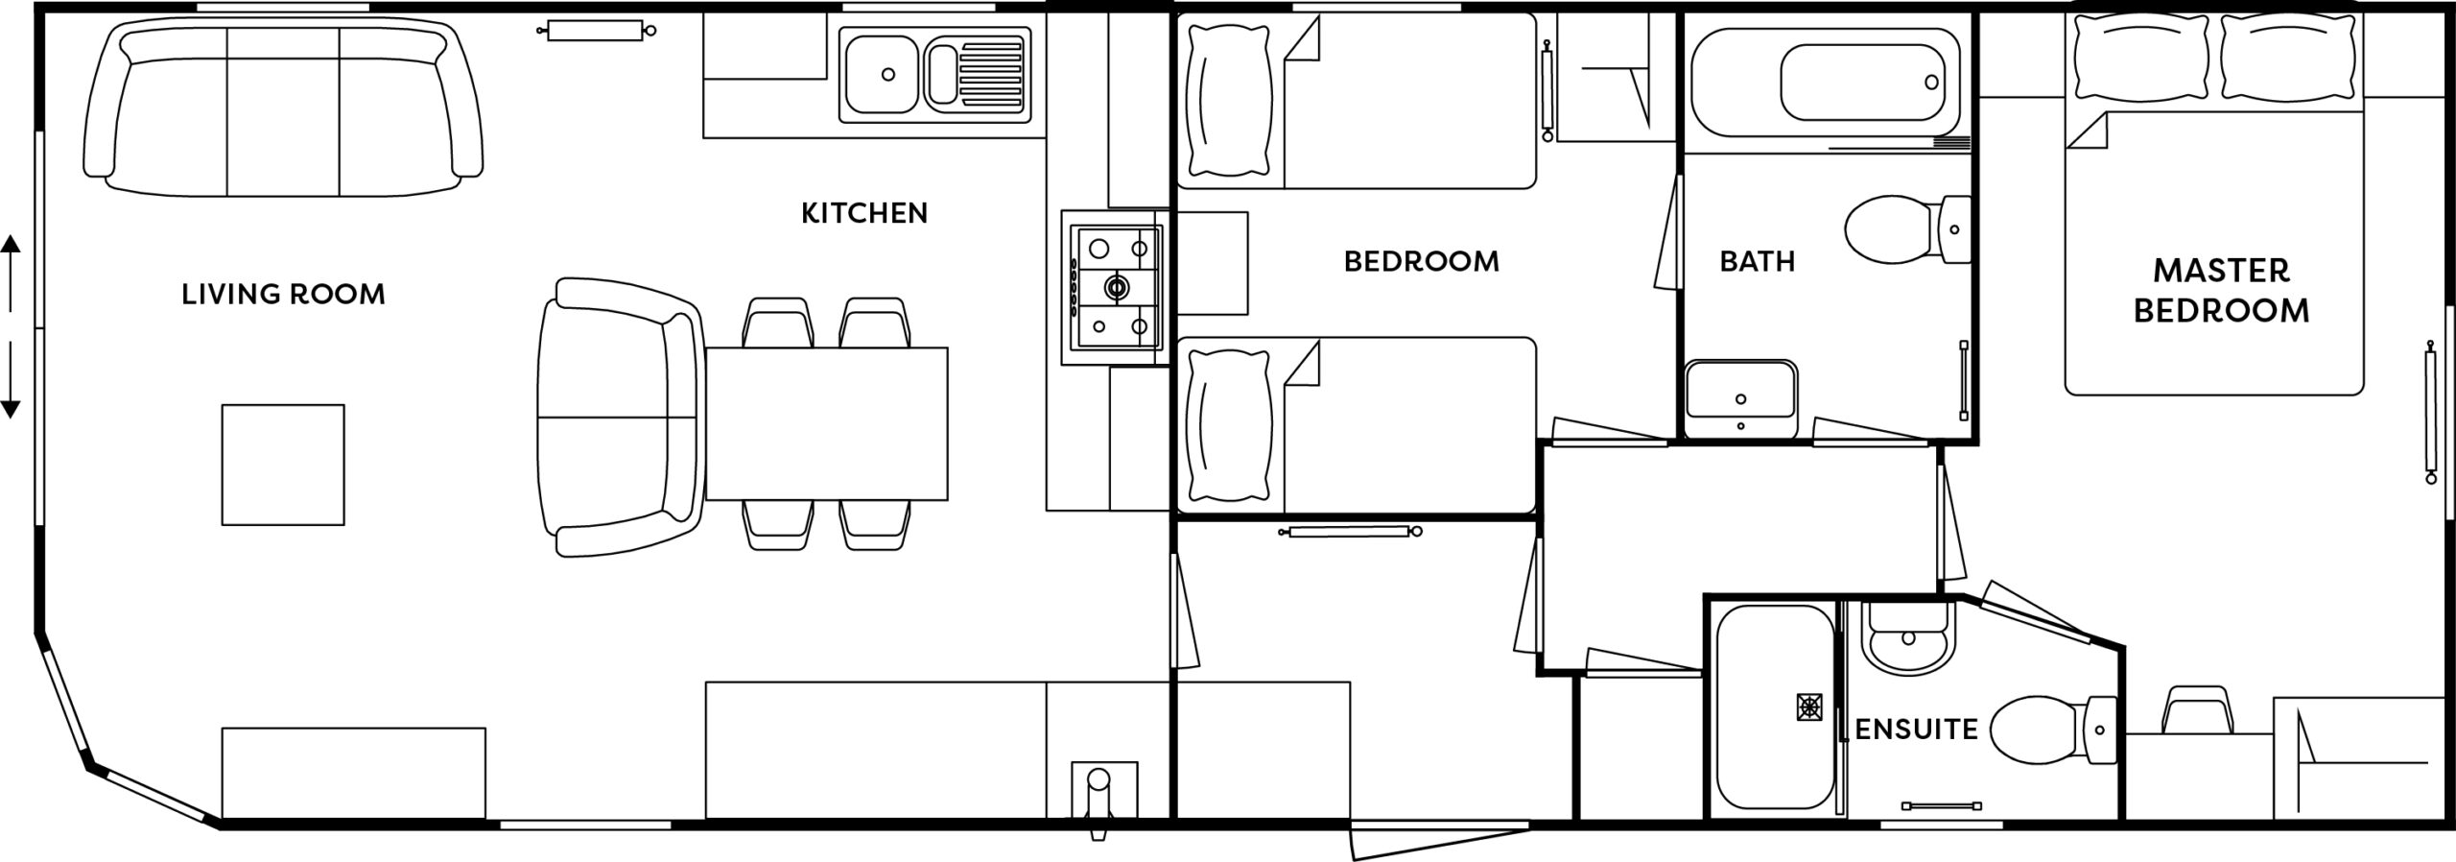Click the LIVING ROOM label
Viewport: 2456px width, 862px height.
click(283, 294)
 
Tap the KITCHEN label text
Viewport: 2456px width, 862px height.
click(864, 213)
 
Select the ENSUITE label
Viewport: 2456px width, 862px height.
click(1916, 730)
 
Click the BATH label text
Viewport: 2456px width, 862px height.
click(1757, 261)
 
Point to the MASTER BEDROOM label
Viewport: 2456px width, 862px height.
click(2221, 291)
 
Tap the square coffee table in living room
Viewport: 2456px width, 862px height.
click(283, 465)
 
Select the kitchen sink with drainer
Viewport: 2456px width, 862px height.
click(934, 75)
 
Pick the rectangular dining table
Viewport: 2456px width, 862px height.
click(827, 423)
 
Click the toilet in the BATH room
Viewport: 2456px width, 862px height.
click(1907, 230)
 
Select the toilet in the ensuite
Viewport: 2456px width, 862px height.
click(2053, 730)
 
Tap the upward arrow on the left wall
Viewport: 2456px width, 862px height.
click(11, 272)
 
